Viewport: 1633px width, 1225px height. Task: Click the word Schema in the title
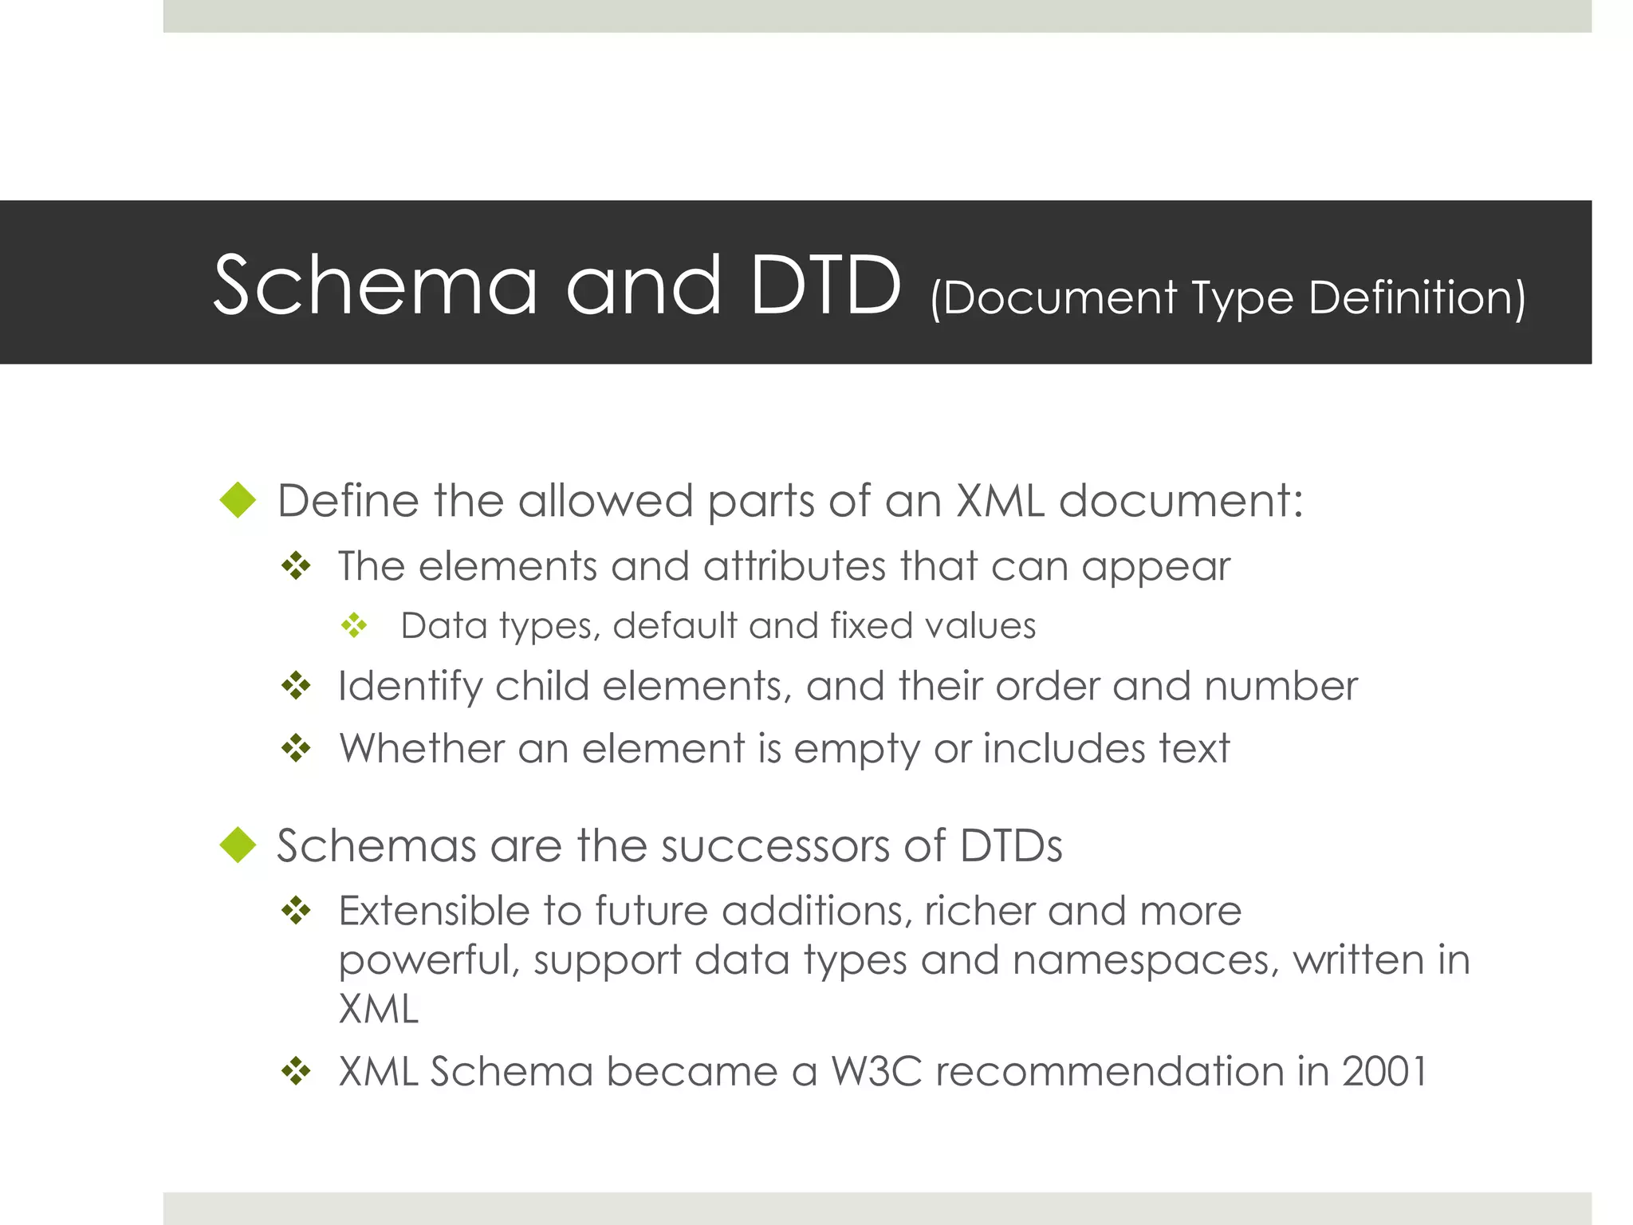click(376, 286)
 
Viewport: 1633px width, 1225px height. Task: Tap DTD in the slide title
click(825, 286)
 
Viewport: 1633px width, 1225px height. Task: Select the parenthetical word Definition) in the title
click(1417, 298)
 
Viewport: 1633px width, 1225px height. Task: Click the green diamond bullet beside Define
click(238, 500)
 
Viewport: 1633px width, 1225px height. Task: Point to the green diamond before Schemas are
click(238, 845)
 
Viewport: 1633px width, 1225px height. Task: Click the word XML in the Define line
click(1000, 502)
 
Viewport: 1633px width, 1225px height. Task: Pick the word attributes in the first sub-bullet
click(794, 566)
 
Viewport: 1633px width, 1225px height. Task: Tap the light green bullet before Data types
click(354, 625)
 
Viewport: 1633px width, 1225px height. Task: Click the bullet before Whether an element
click(296, 748)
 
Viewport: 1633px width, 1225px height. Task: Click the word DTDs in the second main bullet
click(1011, 845)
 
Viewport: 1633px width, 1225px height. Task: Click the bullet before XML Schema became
click(296, 1071)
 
